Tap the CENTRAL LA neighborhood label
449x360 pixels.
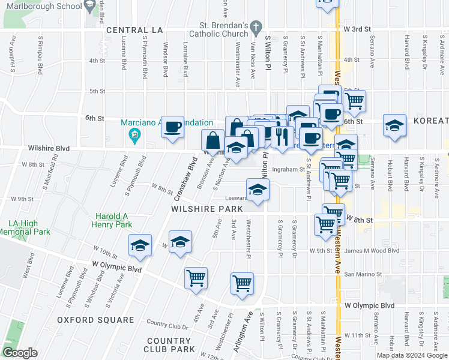[134, 30]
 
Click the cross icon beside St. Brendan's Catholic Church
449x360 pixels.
[256, 28]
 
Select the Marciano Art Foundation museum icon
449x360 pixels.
[135, 136]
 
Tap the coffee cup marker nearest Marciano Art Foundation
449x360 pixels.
[173, 127]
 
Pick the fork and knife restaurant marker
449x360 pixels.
[282, 136]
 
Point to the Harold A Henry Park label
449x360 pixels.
[114, 220]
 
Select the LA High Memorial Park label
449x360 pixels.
[26, 227]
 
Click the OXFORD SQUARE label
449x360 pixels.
[96, 320]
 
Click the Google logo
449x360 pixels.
[20, 353]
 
